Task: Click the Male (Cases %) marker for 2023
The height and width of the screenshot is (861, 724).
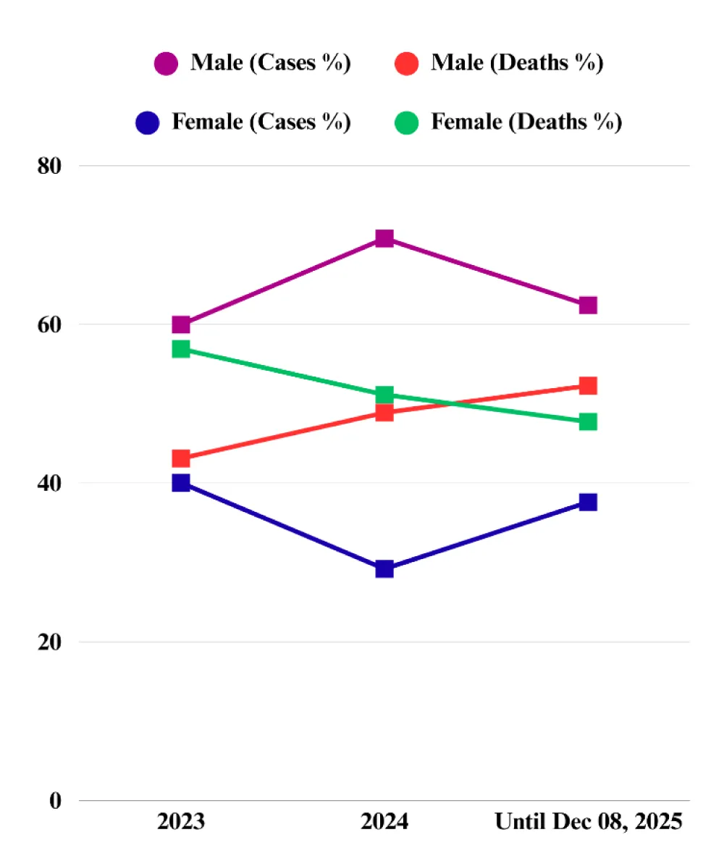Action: (181, 324)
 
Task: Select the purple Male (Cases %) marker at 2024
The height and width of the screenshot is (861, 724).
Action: (384, 239)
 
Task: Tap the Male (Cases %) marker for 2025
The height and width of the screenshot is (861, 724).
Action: (588, 305)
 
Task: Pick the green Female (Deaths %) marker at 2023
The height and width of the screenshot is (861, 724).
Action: (181, 349)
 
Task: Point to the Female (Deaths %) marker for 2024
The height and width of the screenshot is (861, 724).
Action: (384, 395)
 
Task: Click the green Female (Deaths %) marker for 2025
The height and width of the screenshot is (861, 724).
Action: (588, 421)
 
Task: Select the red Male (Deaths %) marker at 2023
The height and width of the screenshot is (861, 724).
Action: (181, 458)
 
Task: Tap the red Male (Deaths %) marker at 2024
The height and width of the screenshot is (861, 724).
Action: (384, 413)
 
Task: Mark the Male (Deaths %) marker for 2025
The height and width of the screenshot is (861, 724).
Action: (588, 385)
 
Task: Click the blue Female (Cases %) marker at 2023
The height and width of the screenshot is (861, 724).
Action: (181, 483)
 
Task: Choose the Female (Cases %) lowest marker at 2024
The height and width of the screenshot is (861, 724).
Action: (384, 569)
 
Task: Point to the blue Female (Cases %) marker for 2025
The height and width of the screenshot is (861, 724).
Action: (588, 502)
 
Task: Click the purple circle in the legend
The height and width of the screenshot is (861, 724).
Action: (166, 64)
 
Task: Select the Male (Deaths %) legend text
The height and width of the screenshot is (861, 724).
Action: (517, 63)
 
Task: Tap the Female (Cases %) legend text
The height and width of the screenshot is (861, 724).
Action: (261, 122)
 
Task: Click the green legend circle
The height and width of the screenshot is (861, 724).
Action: (407, 122)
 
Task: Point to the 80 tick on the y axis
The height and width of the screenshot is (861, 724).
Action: (50, 166)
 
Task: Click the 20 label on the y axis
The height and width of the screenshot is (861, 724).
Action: (50, 642)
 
